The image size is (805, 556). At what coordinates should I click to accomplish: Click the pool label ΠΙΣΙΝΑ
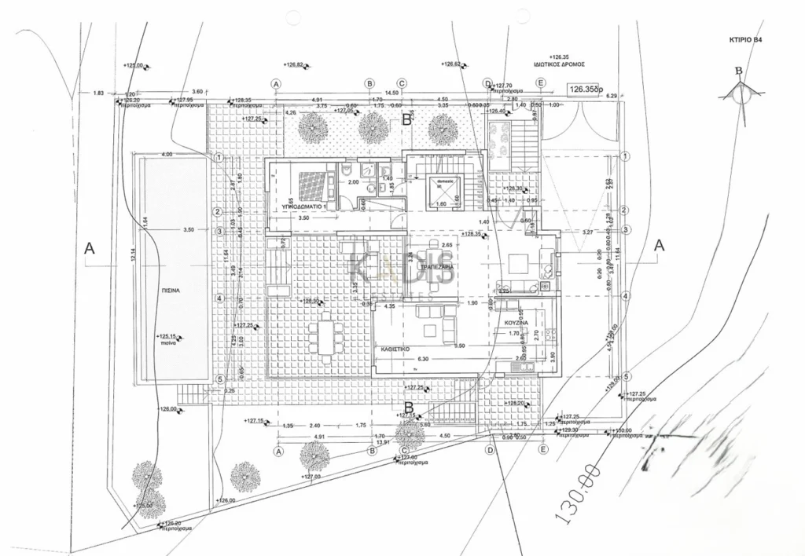pyautogui.click(x=171, y=290)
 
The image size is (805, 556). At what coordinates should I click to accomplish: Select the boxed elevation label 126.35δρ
pyautogui.click(x=586, y=90)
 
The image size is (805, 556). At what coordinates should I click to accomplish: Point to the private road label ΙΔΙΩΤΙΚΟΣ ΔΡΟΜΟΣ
pyautogui.click(x=559, y=67)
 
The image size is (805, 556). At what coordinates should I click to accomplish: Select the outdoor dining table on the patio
pyautogui.click(x=325, y=333)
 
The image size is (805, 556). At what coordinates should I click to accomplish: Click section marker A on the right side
pyautogui.click(x=660, y=245)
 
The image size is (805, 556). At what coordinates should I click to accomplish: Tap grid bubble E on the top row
pyautogui.click(x=540, y=83)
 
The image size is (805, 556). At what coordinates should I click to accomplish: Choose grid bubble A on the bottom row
pyautogui.click(x=278, y=451)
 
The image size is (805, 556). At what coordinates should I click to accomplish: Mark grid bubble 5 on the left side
pyautogui.click(x=221, y=379)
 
